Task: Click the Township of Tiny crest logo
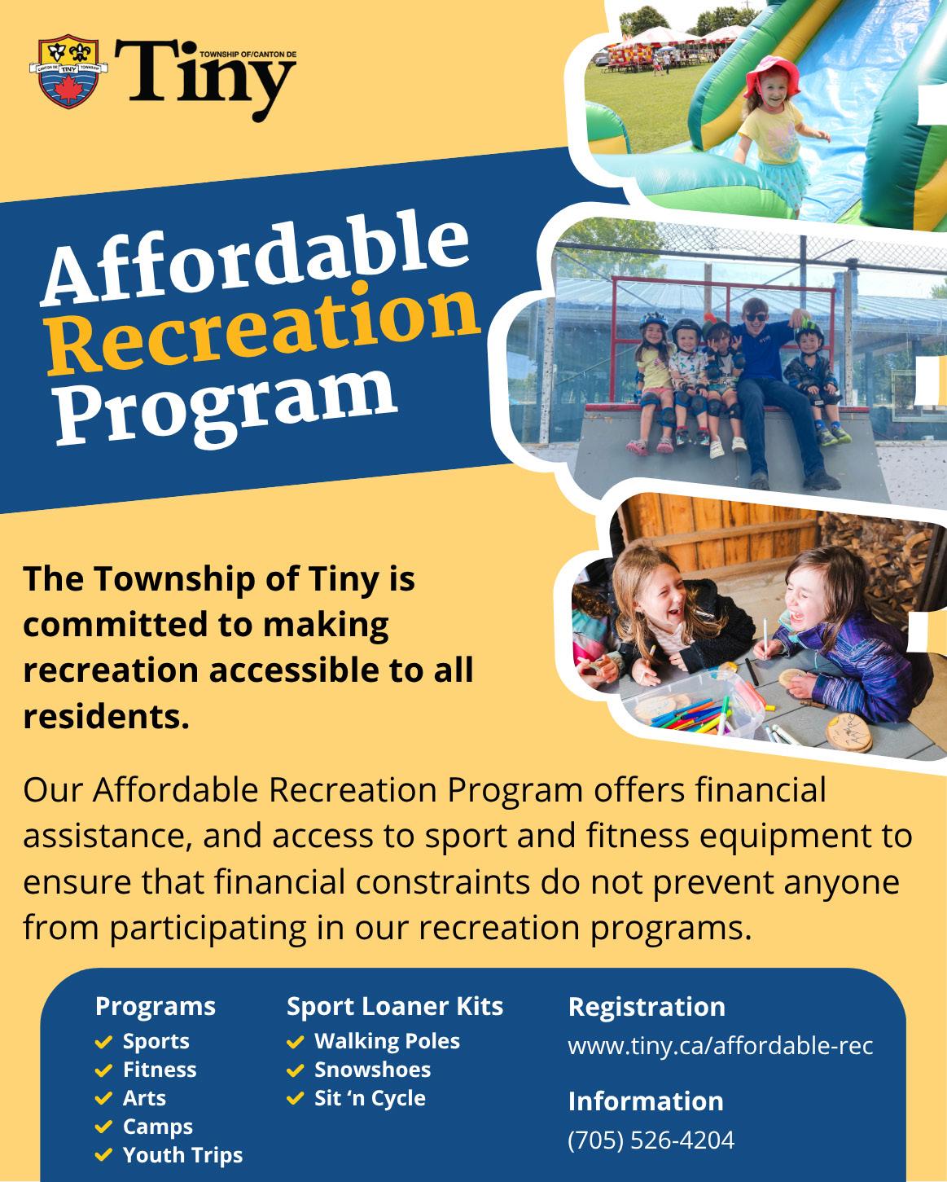coord(68,72)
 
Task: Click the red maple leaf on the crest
coord(68,90)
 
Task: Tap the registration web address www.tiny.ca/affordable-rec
coord(721,1045)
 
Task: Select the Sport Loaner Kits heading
coord(395,1006)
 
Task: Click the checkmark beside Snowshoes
coord(296,1070)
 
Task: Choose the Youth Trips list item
coord(183,1155)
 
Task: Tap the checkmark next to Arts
coord(103,1099)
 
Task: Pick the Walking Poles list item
coord(387,1041)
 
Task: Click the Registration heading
coord(647,1008)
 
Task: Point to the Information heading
coord(646,1101)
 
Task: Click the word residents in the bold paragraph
coord(106,717)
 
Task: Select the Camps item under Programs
coord(157,1127)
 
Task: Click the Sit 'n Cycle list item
coord(370,1098)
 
